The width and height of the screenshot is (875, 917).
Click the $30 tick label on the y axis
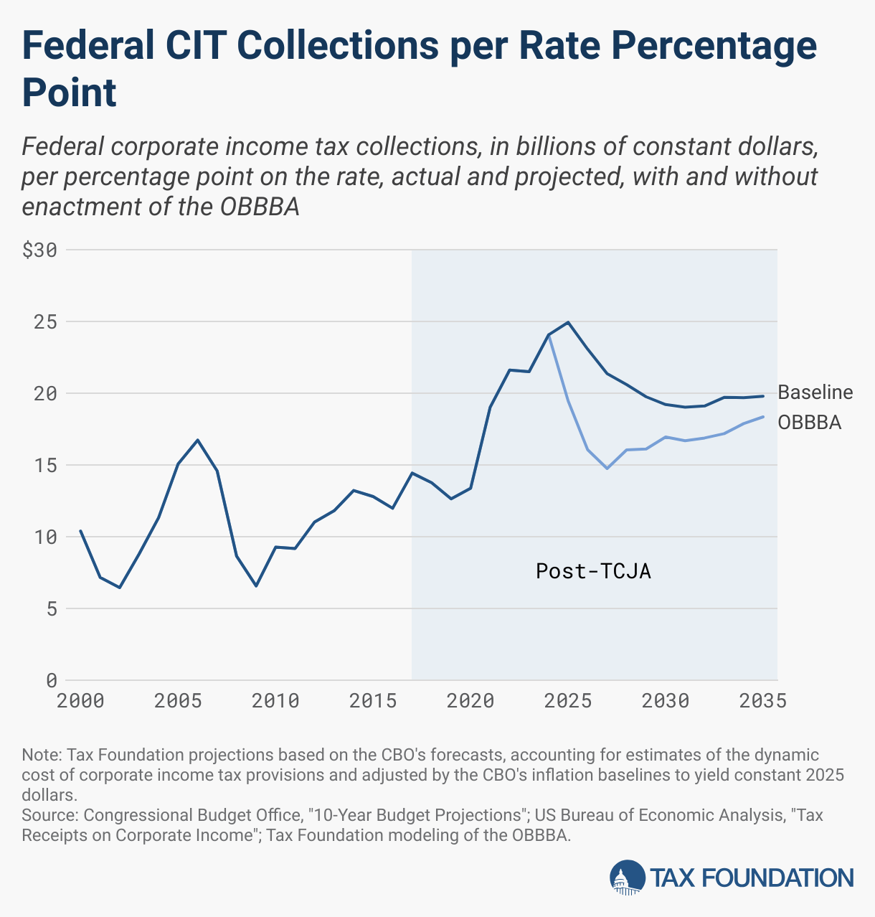click(x=40, y=250)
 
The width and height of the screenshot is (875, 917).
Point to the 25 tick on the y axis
click(x=46, y=322)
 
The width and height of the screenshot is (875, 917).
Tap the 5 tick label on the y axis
click(x=51, y=608)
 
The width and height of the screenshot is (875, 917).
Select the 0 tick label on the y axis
click(x=51, y=679)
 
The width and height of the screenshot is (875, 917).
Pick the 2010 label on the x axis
click(x=275, y=701)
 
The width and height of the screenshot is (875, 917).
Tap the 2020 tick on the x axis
click(x=470, y=701)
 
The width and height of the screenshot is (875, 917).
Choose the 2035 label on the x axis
click(x=762, y=701)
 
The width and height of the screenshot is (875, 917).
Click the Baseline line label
click(x=815, y=392)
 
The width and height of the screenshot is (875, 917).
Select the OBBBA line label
click(x=810, y=422)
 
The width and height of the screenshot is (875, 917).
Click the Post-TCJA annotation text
click(x=593, y=571)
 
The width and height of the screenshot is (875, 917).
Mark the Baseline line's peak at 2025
click(x=569, y=322)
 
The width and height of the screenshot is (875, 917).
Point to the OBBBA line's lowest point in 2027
click(x=607, y=469)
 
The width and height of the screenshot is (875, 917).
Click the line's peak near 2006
click(x=197, y=440)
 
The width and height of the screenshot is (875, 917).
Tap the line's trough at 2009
click(x=256, y=586)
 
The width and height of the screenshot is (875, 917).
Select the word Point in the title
click(x=70, y=93)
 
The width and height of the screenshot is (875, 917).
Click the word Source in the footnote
click(x=47, y=815)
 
